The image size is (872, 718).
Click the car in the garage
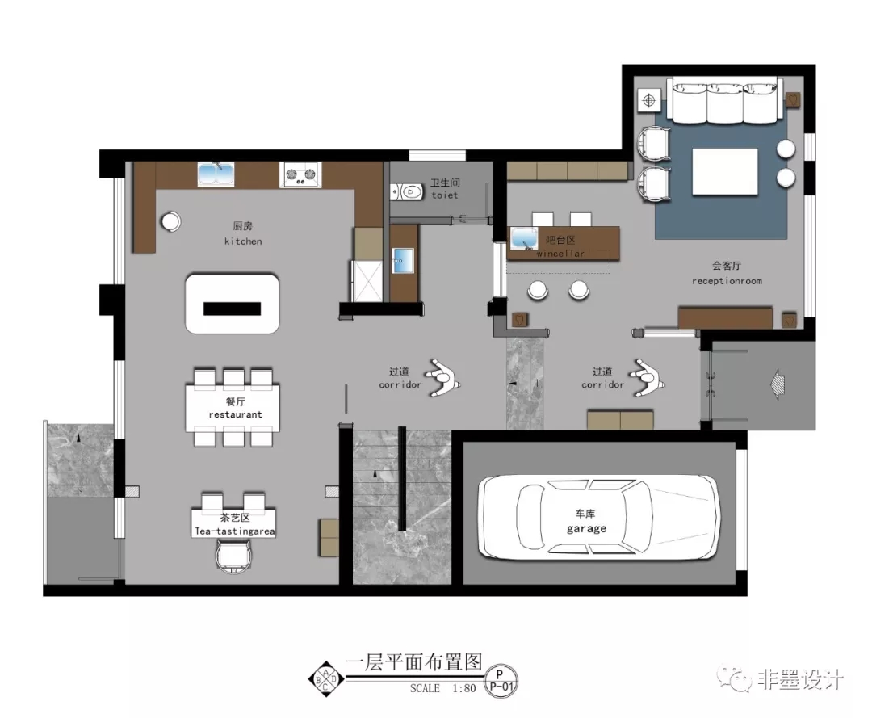(x=597, y=518)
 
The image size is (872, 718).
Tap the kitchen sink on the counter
(x=216, y=174)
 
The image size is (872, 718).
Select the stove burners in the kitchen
(x=300, y=174)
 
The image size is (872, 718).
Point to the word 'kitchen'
(x=242, y=241)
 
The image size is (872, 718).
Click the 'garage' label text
(x=585, y=529)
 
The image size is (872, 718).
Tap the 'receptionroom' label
(x=726, y=281)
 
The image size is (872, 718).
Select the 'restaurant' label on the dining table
(x=235, y=414)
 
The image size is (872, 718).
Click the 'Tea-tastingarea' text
(x=234, y=531)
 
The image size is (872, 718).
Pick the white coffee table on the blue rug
(x=724, y=171)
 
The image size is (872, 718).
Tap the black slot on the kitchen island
(x=232, y=308)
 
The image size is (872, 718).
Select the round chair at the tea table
(x=235, y=556)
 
